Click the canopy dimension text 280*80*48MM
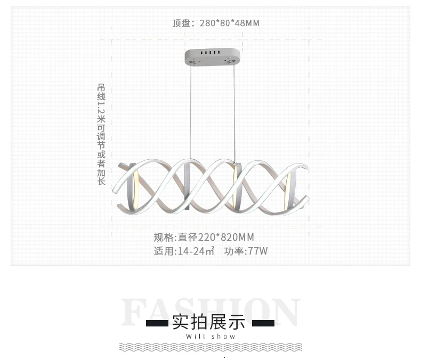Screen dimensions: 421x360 click(x=230, y=23)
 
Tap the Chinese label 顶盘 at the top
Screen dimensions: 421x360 click(x=181, y=23)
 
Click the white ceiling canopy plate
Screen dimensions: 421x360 click(x=212, y=56)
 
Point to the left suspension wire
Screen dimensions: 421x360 click(x=191, y=111)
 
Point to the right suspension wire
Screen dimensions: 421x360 click(x=234, y=113)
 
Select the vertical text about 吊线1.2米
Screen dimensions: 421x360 click(x=101, y=134)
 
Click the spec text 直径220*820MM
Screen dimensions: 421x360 click(x=216, y=238)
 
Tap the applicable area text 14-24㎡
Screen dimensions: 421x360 click(x=196, y=251)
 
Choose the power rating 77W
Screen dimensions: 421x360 click(x=258, y=251)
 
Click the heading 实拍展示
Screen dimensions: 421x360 click(x=208, y=322)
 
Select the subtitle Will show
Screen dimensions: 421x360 click(x=210, y=337)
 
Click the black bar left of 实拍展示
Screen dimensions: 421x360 click(x=157, y=323)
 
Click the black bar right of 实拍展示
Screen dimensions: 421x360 click(x=263, y=323)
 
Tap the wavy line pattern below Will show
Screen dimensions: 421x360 click(x=210, y=347)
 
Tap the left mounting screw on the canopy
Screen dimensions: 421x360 click(x=192, y=62)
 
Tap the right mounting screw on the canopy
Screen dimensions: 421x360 click(x=231, y=61)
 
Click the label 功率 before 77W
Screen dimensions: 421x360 click(x=234, y=251)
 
